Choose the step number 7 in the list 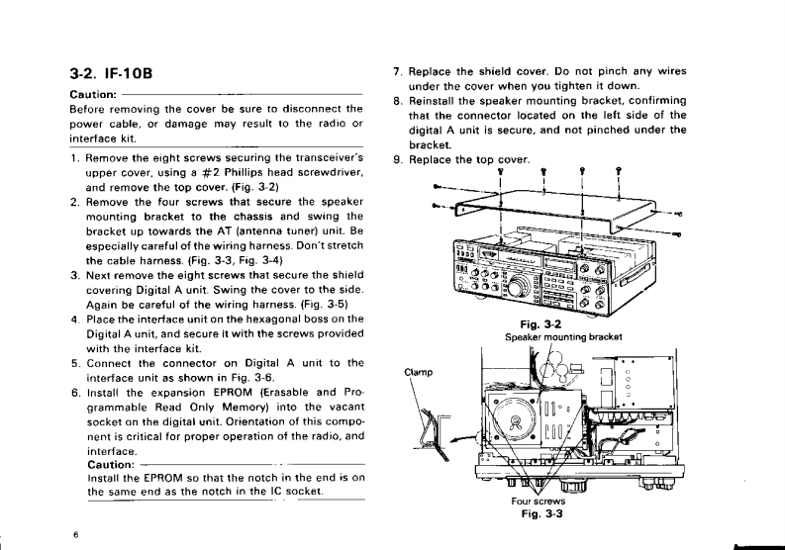coord(397,72)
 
